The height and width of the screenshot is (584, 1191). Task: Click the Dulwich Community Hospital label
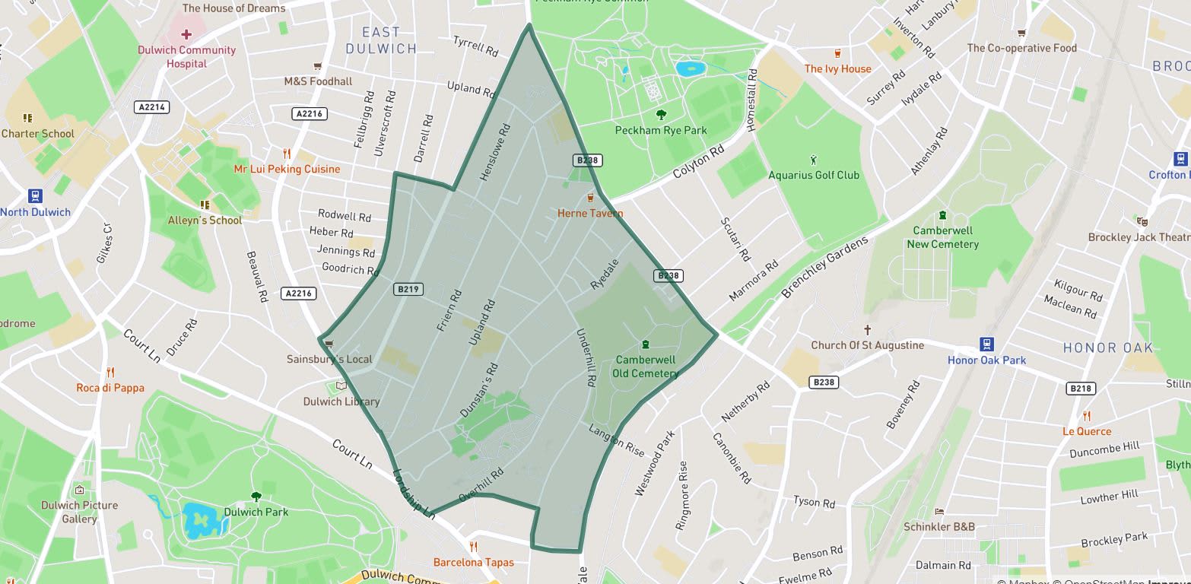point(186,56)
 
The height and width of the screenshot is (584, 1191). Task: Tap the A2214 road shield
point(151,107)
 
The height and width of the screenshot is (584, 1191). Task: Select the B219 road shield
point(408,289)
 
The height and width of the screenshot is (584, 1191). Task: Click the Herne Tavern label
point(590,214)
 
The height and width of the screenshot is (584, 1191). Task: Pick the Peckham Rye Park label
point(661,130)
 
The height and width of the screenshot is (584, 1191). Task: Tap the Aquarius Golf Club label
point(814,175)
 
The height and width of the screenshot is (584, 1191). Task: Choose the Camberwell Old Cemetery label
point(646,367)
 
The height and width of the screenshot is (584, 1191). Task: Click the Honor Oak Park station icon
point(987,344)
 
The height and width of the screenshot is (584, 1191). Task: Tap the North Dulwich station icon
point(35,196)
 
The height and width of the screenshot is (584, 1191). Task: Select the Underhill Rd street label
point(585,358)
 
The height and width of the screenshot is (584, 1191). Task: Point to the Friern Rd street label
point(449,310)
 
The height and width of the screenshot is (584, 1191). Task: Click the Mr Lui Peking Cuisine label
point(287,169)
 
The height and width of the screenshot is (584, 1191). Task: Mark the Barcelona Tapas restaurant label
point(473,562)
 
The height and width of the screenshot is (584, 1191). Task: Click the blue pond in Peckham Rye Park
point(691,68)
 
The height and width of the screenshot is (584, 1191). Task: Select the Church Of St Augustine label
point(867,344)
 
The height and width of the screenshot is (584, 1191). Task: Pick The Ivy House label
point(838,68)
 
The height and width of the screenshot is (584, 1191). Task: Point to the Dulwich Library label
point(341,401)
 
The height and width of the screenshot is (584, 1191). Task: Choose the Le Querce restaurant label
point(1087,431)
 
